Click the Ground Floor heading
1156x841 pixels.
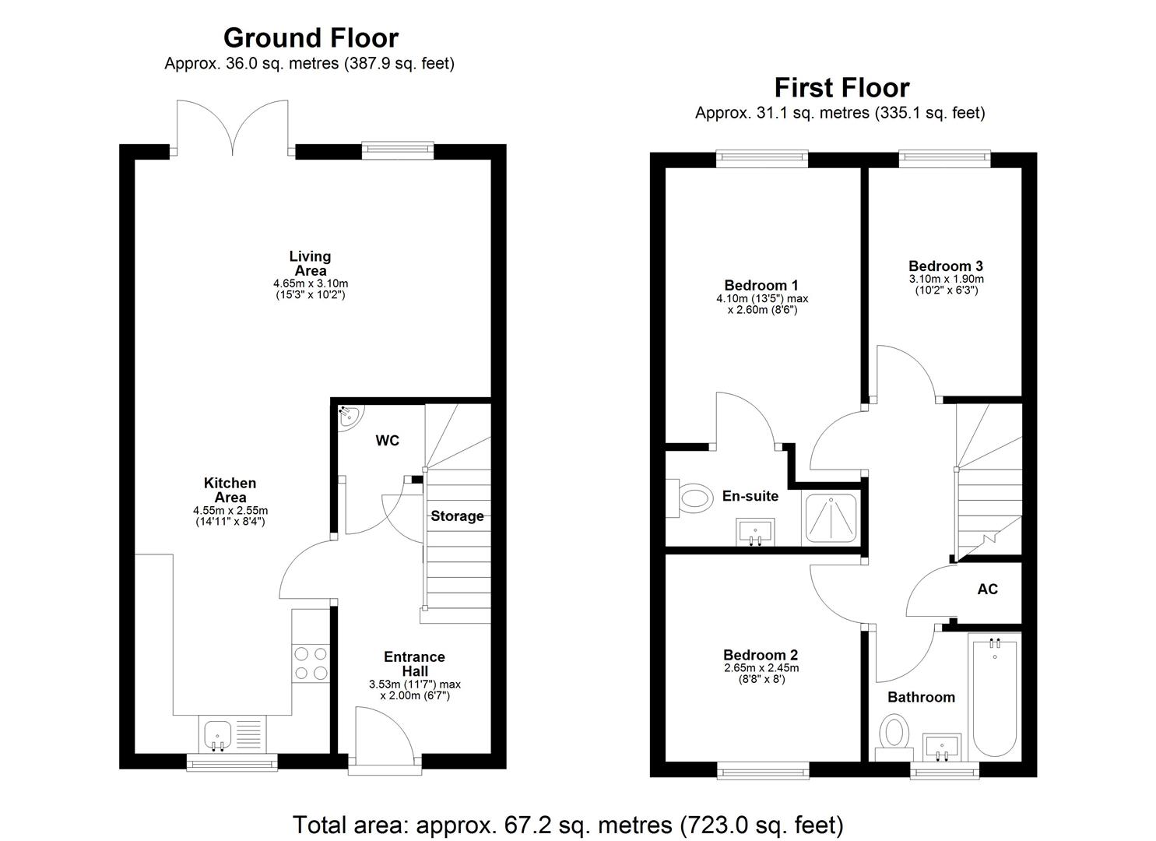click(310, 37)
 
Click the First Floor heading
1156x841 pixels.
click(841, 87)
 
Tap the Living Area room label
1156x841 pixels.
click(310, 263)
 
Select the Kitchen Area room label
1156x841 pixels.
click(230, 490)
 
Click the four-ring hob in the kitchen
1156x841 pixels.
click(311, 663)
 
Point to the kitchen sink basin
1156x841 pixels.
click(217, 734)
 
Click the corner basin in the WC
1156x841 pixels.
click(346, 415)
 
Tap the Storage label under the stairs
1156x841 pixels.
click(457, 516)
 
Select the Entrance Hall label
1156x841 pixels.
click(414, 663)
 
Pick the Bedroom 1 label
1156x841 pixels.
click(761, 285)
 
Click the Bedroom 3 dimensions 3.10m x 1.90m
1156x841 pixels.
click(946, 279)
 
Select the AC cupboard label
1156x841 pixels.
click(987, 589)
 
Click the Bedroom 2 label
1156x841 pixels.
click(761, 655)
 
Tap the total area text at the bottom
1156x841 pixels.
click(567, 824)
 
